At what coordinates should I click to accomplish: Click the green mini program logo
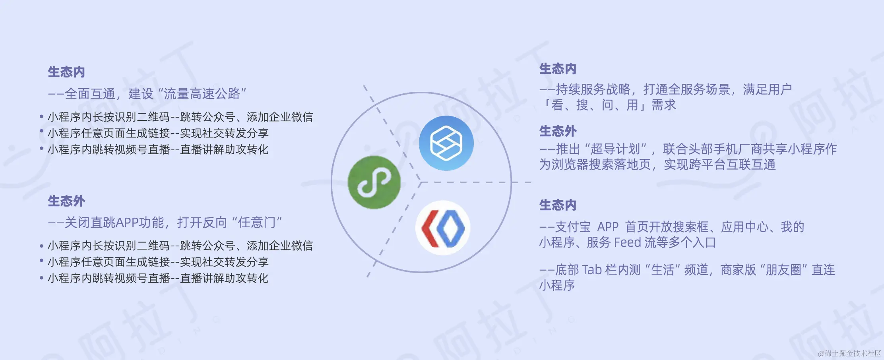pyautogui.click(x=374, y=182)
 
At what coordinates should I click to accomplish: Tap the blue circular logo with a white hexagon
pyautogui.click(x=446, y=143)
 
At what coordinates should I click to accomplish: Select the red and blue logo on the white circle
pyautogui.click(x=443, y=228)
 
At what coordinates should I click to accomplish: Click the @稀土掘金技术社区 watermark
pyautogui.click(x=849, y=353)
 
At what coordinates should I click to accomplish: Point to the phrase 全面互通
pyautogui.click(x=90, y=94)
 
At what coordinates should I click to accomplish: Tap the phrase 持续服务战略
pyautogui.click(x=593, y=89)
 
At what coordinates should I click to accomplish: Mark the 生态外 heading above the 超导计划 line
pyautogui.click(x=558, y=131)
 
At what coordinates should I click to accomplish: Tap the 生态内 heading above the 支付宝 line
pyautogui.click(x=558, y=205)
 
